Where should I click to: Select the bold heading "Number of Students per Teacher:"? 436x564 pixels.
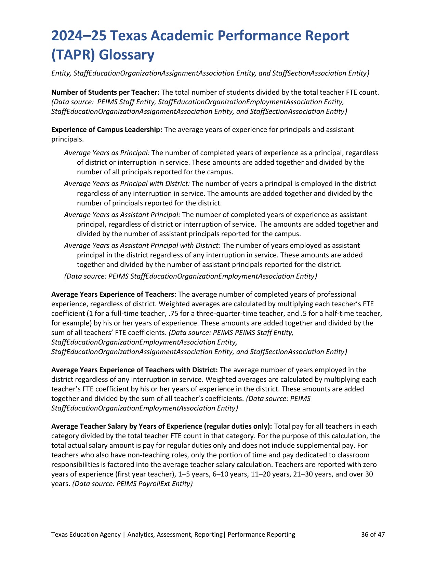coord(105,92)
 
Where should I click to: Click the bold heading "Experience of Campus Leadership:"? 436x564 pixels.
coord(107,130)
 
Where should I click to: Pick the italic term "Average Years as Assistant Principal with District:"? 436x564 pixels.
coord(142,245)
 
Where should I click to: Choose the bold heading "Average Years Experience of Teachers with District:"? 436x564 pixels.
coord(134,370)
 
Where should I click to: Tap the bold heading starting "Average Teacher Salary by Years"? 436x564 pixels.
coord(161,426)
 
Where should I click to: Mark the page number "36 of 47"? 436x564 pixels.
coord(373,534)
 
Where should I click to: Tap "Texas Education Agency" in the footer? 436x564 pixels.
coord(86,534)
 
